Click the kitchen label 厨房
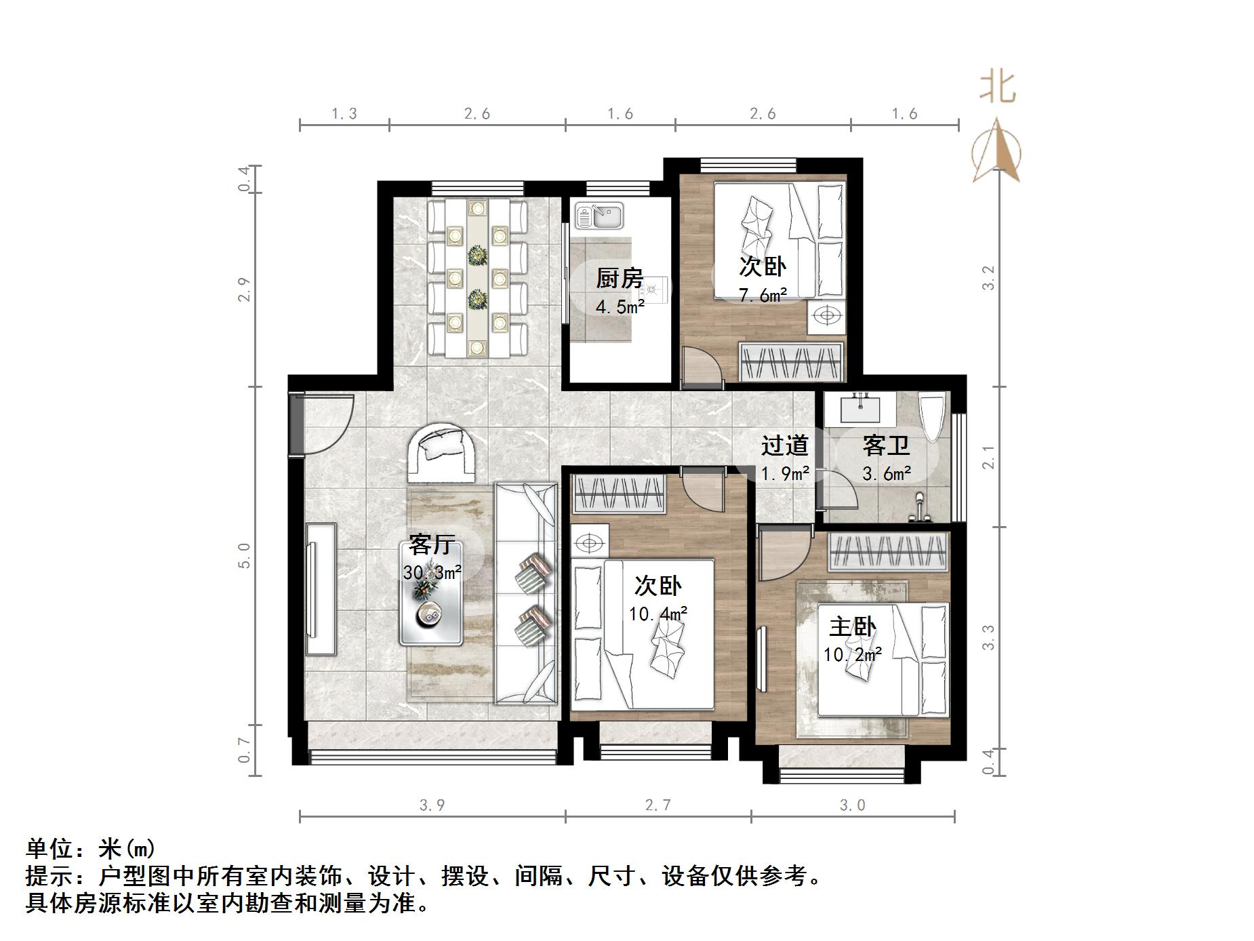click(x=619, y=278)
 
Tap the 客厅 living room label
click(x=431, y=544)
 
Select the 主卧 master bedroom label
click(x=852, y=626)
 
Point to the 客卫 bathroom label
click(x=885, y=445)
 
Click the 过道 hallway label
click(x=784, y=445)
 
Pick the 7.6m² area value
click(x=763, y=296)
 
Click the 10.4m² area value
click(x=658, y=614)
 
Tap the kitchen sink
click(x=600, y=216)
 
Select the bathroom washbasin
click(x=860, y=408)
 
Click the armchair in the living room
click(x=441, y=451)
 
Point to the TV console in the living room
click(x=320, y=588)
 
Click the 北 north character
click(x=997, y=87)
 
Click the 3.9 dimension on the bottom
click(x=432, y=805)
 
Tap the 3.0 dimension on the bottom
click(x=852, y=805)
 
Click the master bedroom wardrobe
click(x=887, y=550)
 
